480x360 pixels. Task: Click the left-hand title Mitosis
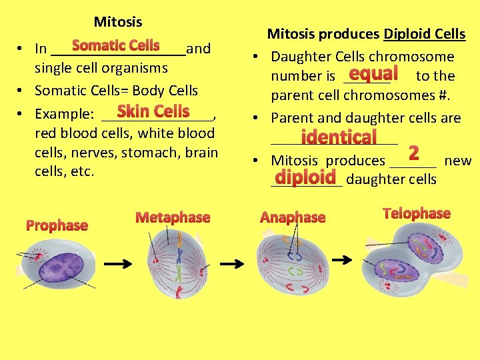pos(117,22)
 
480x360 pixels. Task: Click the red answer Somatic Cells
pos(115,45)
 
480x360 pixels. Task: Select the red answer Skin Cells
pos(153,111)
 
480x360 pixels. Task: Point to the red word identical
pos(339,137)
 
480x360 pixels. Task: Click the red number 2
pos(413,154)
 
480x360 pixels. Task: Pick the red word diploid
pos(305,177)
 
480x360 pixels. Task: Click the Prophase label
pos(57,225)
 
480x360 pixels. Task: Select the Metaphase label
pos(172,217)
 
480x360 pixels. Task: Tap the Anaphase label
pos(293,217)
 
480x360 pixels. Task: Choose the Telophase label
pos(417,213)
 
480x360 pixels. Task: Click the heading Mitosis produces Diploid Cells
pos(366,34)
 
